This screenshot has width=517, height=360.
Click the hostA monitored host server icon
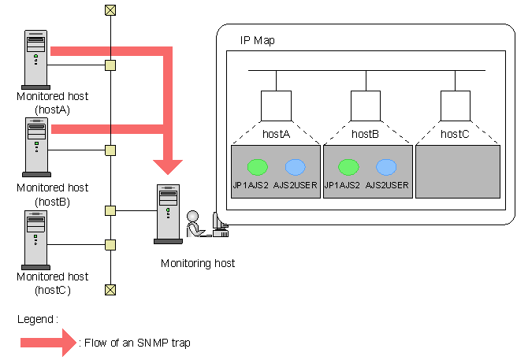click(x=36, y=60)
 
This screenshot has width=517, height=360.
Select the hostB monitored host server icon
click(x=36, y=147)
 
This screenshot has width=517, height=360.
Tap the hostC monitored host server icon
click(x=36, y=240)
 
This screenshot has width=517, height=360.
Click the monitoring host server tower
click(x=168, y=214)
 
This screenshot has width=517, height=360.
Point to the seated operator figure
click(x=195, y=225)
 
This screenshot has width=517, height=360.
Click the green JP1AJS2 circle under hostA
click(x=258, y=167)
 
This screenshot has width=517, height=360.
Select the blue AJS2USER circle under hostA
click(x=296, y=167)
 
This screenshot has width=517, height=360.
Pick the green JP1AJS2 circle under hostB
click(x=348, y=167)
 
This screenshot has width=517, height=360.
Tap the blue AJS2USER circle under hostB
click(x=386, y=167)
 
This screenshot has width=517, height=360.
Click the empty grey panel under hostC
click(x=458, y=172)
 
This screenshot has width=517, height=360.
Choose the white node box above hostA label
click(x=276, y=106)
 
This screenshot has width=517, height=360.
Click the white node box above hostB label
click(x=366, y=106)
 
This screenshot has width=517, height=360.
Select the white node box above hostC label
click(x=456, y=106)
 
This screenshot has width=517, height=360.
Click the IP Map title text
click(x=258, y=40)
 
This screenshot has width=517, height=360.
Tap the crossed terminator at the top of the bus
click(x=110, y=10)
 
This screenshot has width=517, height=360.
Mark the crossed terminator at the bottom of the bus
click(x=110, y=290)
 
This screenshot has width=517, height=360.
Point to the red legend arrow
click(x=49, y=343)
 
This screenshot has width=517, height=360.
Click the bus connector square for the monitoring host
click(x=110, y=210)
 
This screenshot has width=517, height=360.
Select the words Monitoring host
click(x=198, y=263)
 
